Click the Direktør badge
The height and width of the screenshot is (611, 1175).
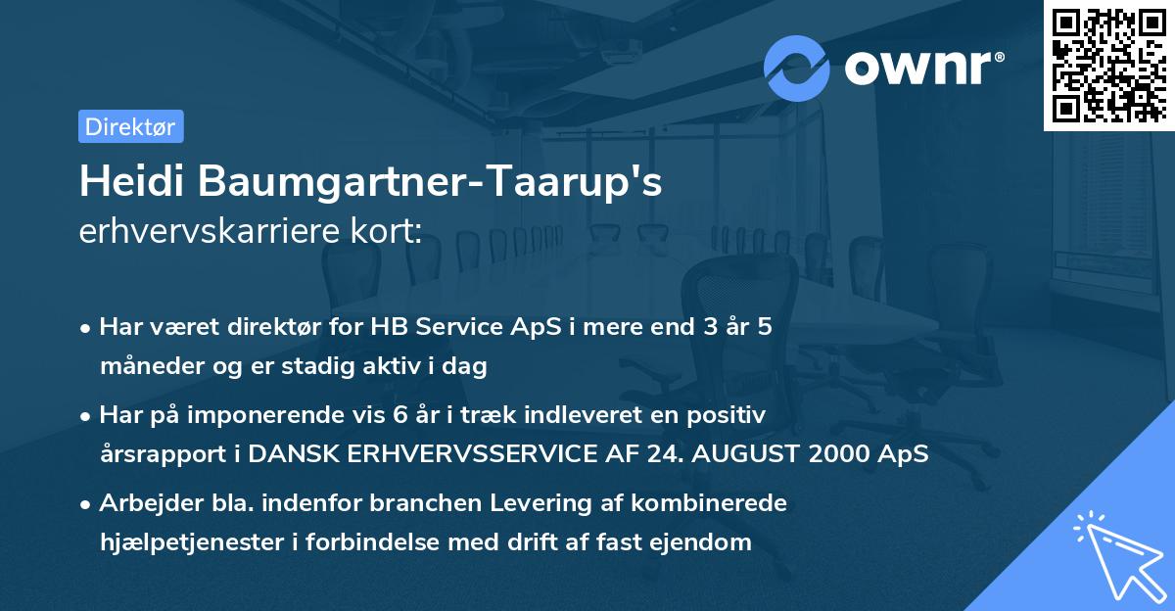pyautogui.click(x=130, y=126)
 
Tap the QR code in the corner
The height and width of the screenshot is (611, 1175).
pyautogui.click(x=1107, y=66)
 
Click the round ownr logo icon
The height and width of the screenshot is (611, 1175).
pyautogui.click(x=797, y=68)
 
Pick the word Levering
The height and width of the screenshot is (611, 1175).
pyautogui.click(x=514, y=503)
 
